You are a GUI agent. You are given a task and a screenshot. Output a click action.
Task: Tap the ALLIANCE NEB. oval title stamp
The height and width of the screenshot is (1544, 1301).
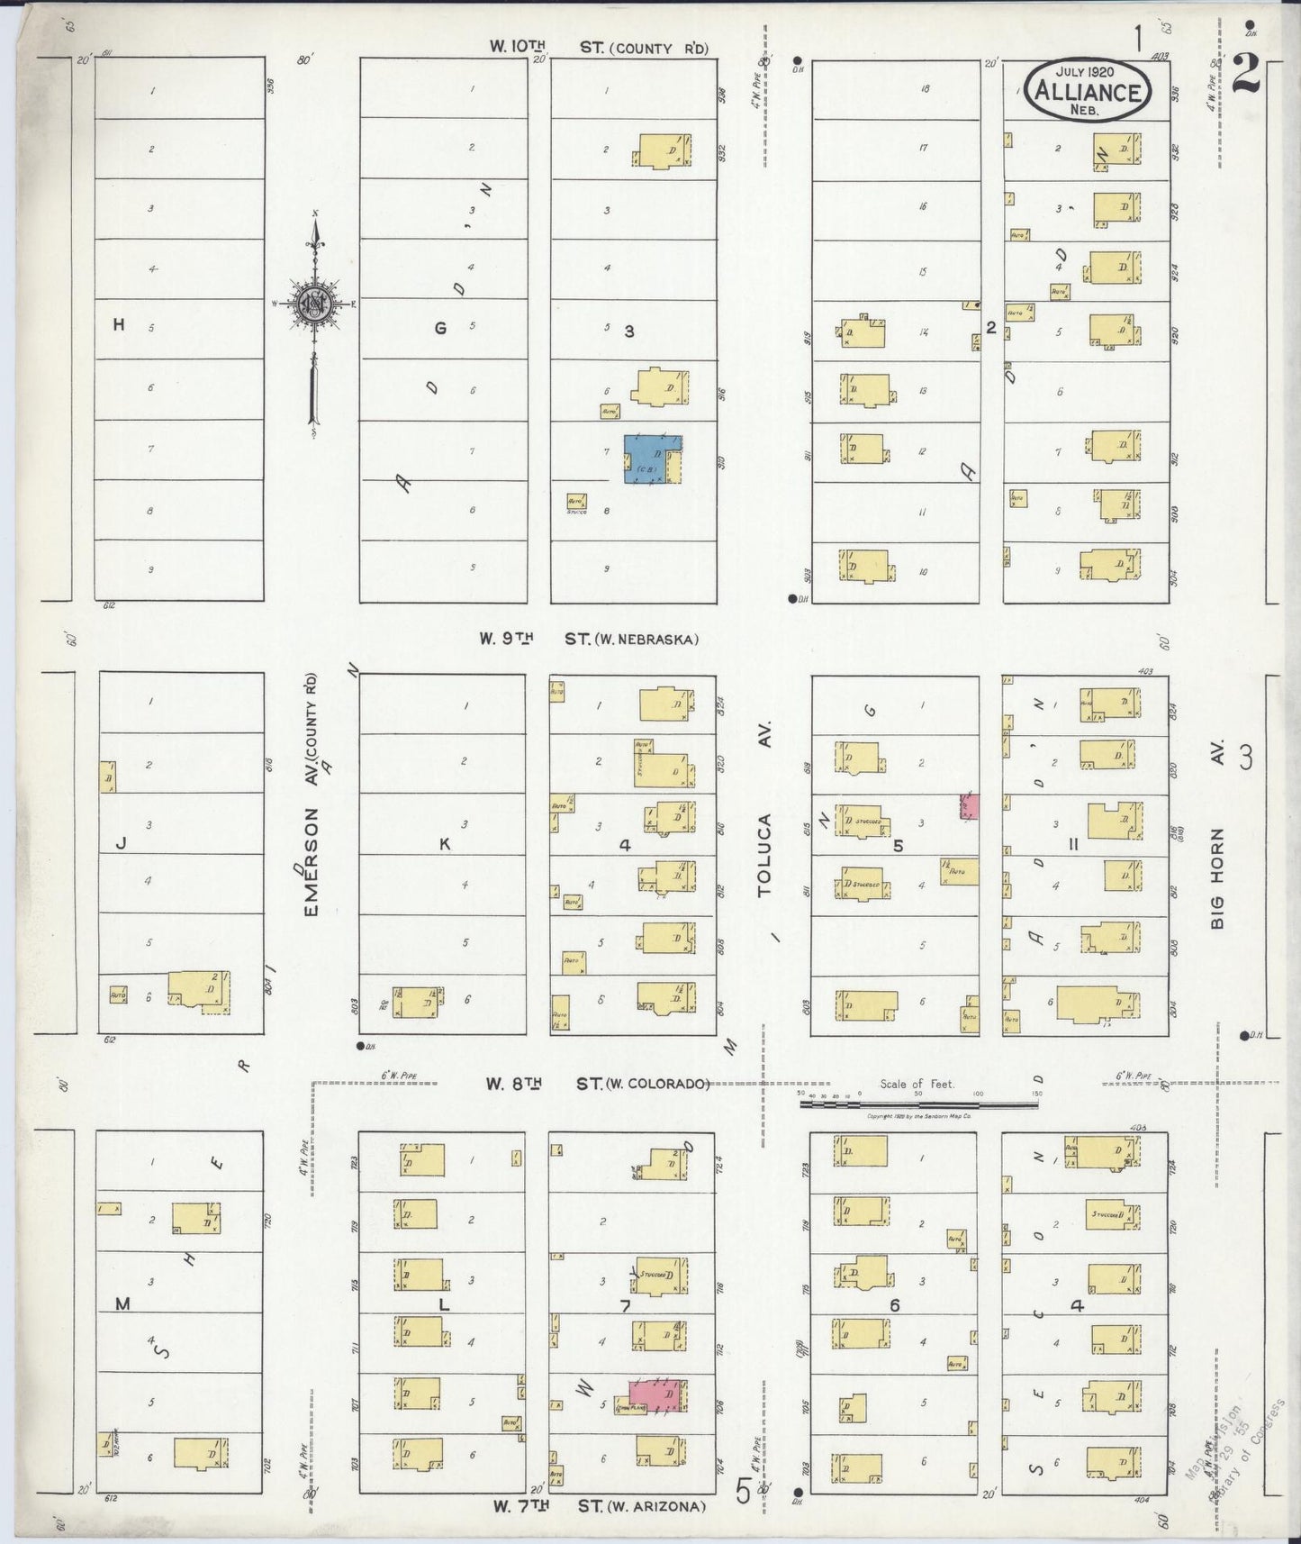click(x=1088, y=90)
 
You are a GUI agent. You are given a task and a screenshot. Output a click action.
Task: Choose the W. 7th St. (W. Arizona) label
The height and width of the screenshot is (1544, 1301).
click(x=599, y=1506)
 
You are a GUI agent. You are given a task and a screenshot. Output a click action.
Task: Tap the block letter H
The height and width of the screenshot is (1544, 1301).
click(x=118, y=326)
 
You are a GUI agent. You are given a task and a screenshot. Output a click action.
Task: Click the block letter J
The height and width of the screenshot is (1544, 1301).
click(x=119, y=844)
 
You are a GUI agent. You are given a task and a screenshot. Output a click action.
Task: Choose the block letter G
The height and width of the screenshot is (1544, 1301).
click(x=440, y=329)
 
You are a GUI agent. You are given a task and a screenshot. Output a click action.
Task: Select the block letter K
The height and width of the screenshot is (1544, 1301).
click(x=443, y=844)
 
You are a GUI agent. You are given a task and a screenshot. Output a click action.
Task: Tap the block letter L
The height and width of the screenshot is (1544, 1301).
click(x=443, y=1304)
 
